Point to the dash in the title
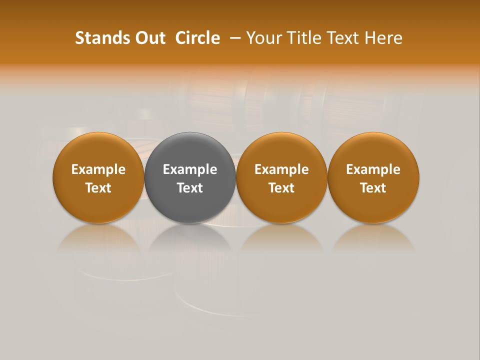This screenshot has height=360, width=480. [x=234, y=38]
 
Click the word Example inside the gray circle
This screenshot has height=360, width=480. [x=190, y=169]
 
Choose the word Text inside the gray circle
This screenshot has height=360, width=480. [x=190, y=188]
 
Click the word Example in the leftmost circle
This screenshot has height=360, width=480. [x=98, y=169]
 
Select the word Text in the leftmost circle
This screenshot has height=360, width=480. [x=98, y=188]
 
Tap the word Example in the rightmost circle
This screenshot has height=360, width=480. [x=373, y=169]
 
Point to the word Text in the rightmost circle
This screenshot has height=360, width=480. [x=373, y=188]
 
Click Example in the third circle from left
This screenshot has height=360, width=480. [x=281, y=169]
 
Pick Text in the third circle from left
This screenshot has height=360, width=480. [x=281, y=188]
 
